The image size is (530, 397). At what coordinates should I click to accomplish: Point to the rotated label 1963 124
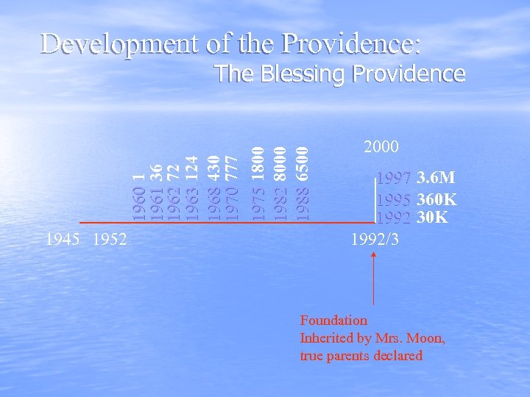[x=191, y=187]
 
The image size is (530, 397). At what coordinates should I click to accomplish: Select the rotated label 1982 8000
[x=280, y=184]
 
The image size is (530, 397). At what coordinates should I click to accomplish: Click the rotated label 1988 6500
[x=302, y=184]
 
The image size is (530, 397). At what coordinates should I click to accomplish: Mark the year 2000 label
[x=381, y=147]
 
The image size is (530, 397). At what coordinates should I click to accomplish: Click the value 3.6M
[x=436, y=178]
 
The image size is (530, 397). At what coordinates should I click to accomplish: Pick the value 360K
[x=437, y=199]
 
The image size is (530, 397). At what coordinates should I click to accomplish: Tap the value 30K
[x=432, y=218]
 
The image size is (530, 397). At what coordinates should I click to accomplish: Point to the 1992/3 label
[x=375, y=239]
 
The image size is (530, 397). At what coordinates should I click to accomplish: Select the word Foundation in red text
[x=333, y=321]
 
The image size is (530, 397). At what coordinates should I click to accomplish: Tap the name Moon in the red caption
[x=427, y=338]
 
